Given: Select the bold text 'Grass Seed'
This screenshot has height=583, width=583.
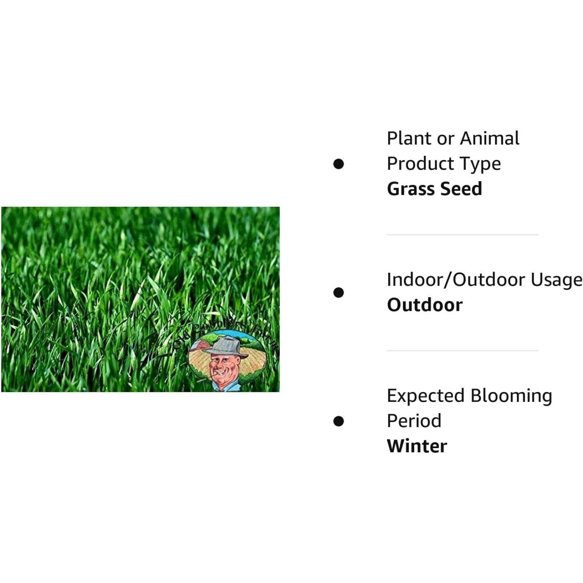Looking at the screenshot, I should (434, 189).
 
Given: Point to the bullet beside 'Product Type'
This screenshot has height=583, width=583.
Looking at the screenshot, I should (339, 164).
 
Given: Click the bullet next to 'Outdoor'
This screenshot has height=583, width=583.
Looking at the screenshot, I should (339, 292).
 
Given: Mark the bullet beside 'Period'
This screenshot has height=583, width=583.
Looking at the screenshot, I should (339, 421).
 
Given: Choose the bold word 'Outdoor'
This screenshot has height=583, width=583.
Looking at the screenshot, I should (424, 305).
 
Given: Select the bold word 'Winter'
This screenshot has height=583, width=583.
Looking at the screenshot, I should (417, 446).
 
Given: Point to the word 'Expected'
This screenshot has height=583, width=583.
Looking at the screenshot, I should (426, 396).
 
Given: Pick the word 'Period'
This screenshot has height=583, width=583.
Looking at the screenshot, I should (414, 421).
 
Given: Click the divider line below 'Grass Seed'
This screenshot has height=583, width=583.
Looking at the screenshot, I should (462, 235).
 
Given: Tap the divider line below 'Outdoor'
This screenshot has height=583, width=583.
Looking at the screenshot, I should (462, 351).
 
